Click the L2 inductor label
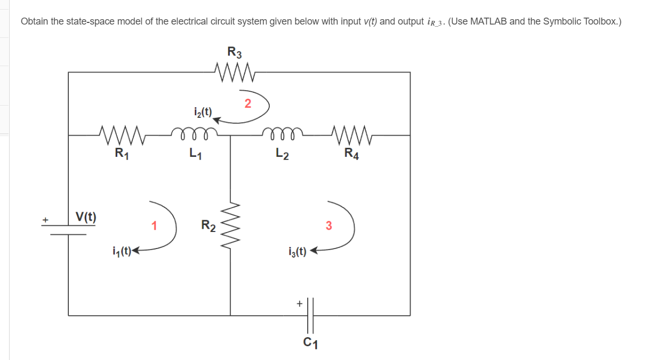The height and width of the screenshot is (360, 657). tap(283, 155)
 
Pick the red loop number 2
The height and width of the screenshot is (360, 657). tap(247, 103)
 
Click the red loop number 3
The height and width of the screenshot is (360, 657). tap(328, 226)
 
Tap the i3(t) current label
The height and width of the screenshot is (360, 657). tap(297, 251)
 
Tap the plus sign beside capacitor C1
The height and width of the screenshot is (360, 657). tap(299, 303)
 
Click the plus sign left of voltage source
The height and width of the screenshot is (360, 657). tap(46, 220)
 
